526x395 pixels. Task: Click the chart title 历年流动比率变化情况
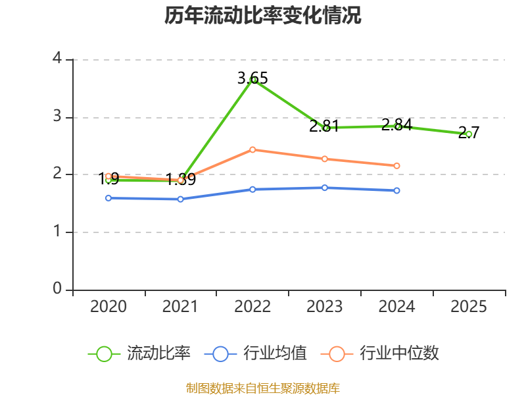point(262,15)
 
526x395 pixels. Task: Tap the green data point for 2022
point(252,80)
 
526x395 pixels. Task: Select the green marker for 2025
point(469,134)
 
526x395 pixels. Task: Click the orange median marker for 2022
point(252,149)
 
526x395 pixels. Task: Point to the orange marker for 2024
point(396,166)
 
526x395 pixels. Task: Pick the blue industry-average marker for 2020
point(108,198)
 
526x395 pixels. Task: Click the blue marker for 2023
point(325,188)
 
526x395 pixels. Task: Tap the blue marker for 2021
point(180,199)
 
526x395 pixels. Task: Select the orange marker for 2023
point(325,159)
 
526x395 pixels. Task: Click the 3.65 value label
point(252,78)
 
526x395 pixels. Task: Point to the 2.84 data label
point(396,124)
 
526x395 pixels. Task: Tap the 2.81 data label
point(324,126)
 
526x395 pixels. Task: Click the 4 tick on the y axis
point(57,58)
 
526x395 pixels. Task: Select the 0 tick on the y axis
point(57,288)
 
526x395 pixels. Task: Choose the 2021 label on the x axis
point(180,307)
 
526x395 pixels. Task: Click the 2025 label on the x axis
point(469,307)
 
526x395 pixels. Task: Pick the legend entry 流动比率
point(139,354)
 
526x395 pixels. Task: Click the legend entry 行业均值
point(255,354)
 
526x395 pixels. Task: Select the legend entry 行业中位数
point(380,354)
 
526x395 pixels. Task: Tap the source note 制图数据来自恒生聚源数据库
point(263,388)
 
